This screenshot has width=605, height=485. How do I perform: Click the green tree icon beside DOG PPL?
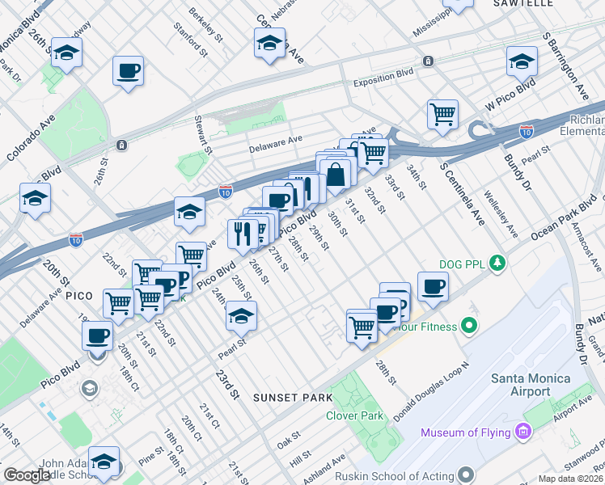(499, 263)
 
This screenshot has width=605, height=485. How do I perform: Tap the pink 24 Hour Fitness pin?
(466, 327)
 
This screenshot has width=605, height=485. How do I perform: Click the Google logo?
(27, 474)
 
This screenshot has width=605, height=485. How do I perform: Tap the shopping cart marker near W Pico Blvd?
(442, 114)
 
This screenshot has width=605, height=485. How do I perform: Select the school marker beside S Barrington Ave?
(522, 60)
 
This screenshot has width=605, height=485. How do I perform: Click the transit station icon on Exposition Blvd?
(428, 61)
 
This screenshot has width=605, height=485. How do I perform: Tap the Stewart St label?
(202, 134)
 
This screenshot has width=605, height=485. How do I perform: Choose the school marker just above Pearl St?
(241, 316)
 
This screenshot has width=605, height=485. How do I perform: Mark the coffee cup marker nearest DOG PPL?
(433, 285)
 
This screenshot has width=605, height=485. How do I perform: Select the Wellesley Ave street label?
(500, 214)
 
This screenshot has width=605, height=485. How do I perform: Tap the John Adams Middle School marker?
(104, 462)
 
